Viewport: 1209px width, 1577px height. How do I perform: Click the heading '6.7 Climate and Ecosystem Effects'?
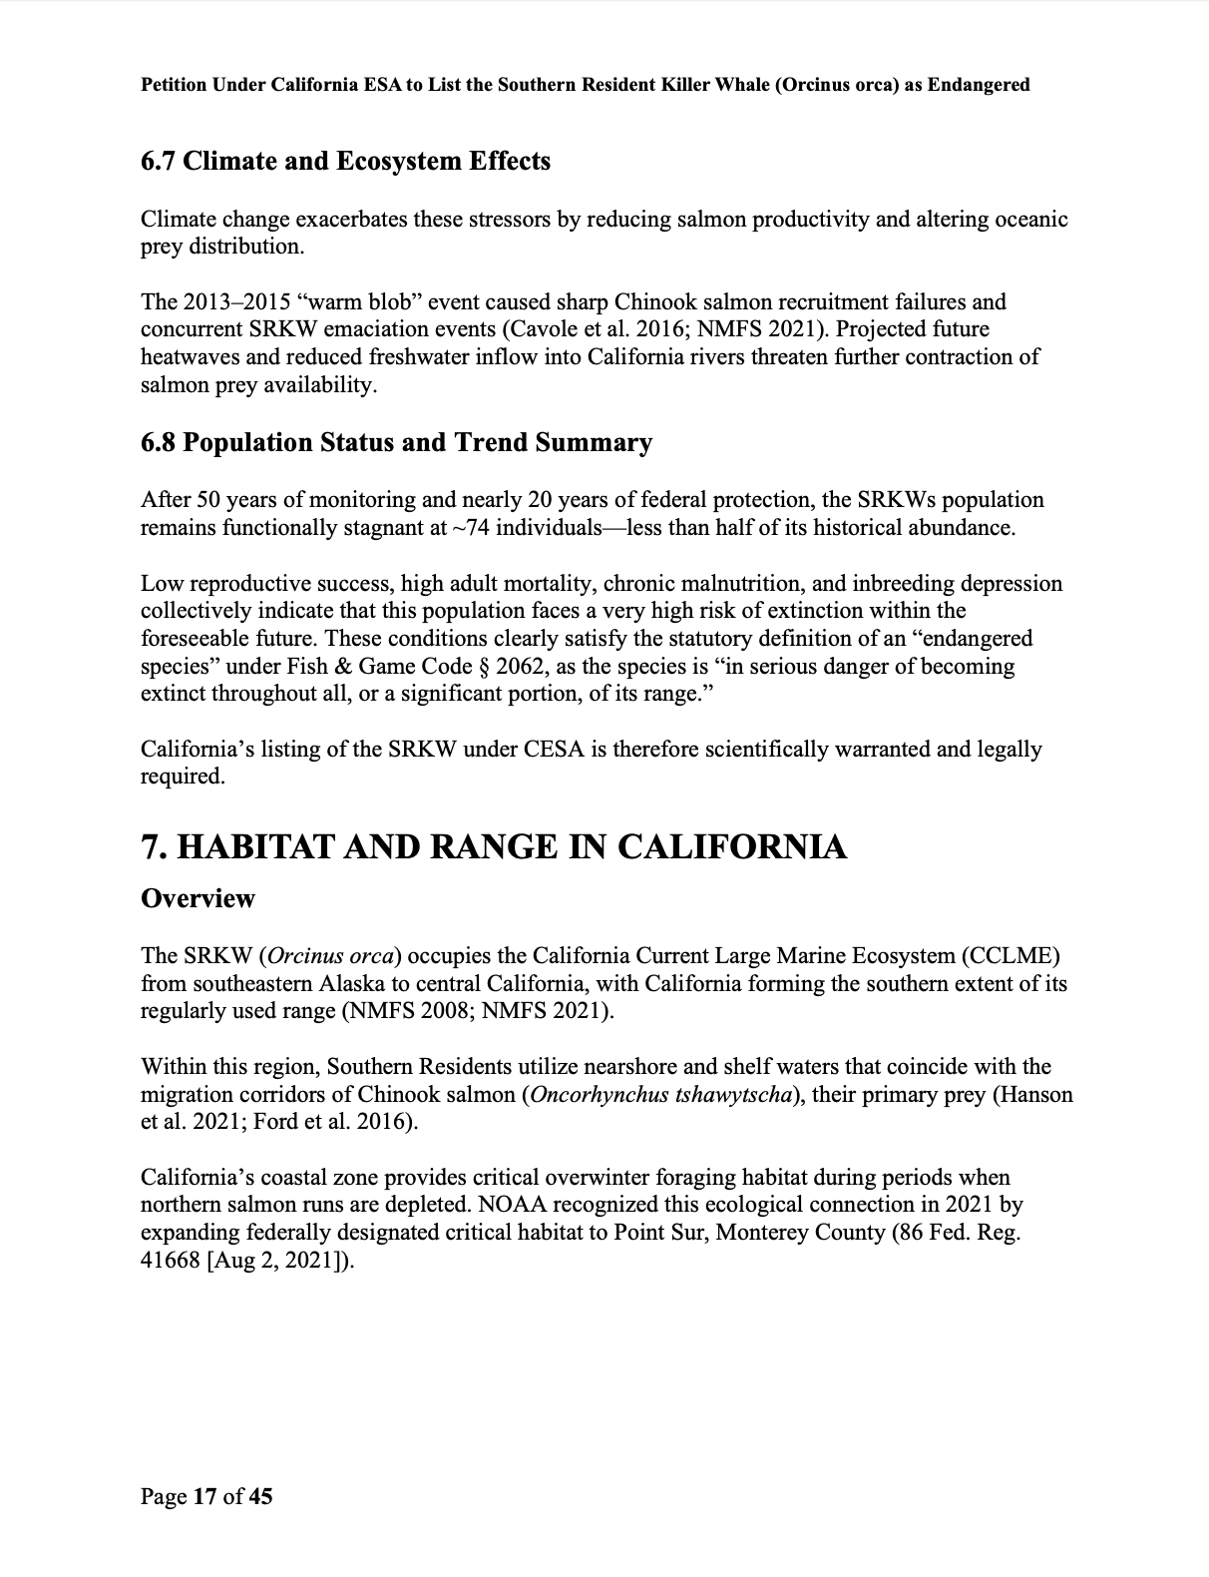click(345, 162)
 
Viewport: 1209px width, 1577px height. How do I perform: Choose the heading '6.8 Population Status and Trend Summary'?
click(396, 443)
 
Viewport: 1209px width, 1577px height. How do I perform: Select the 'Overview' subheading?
click(198, 898)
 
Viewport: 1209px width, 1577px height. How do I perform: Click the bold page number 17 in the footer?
click(204, 1496)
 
